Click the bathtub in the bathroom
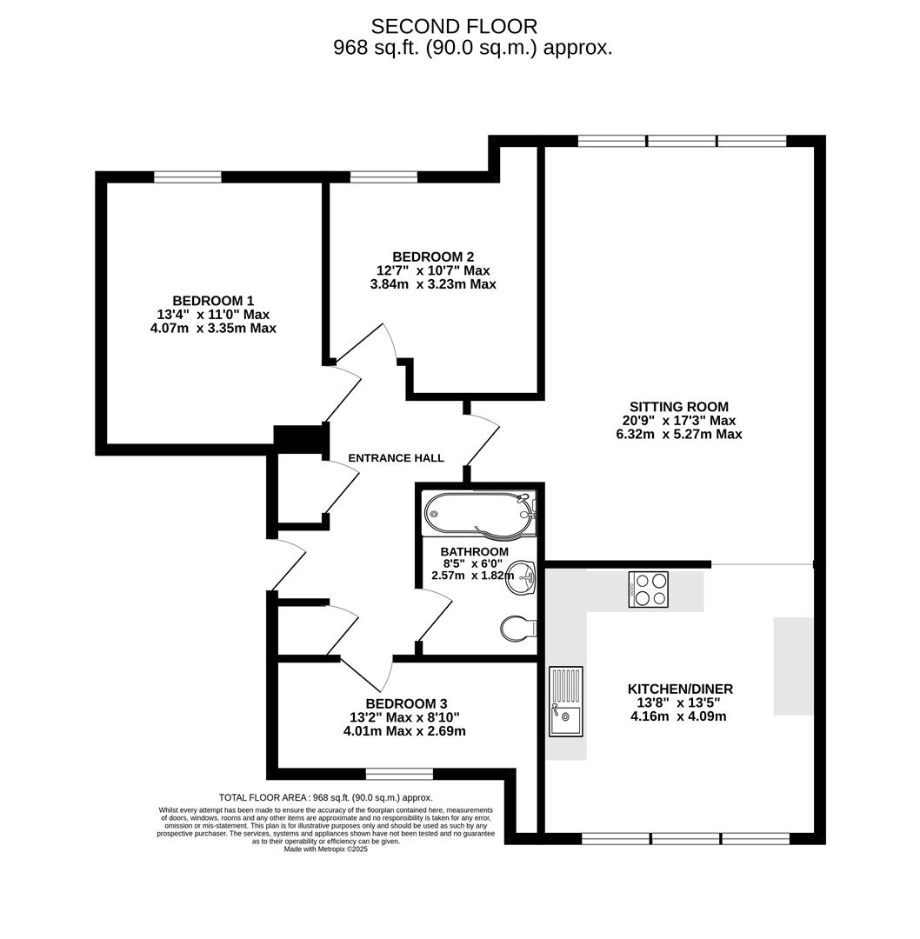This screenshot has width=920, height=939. (x=478, y=514)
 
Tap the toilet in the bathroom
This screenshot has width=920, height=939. (x=519, y=629)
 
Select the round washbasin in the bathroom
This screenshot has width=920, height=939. (x=521, y=578)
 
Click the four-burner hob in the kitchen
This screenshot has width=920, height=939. (x=649, y=589)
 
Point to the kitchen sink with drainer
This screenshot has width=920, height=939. (x=566, y=702)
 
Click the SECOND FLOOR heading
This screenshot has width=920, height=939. (x=454, y=26)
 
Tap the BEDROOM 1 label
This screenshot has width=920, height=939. (x=213, y=301)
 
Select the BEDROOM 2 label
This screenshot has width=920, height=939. (x=433, y=256)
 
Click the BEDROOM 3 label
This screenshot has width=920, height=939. (x=407, y=703)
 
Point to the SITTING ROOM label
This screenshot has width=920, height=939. (x=679, y=407)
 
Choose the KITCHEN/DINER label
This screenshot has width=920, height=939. (x=680, y=689)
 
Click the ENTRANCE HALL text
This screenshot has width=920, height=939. (x=396, y=458)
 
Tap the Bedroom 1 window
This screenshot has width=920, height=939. (x=188, y=176)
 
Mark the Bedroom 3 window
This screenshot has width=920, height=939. (x=399, y=775)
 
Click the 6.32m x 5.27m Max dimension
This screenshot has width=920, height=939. (x=679, y=434)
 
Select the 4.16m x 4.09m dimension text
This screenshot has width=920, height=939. (x=678, y=716)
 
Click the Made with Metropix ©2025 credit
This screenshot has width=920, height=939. (x=326, y=849)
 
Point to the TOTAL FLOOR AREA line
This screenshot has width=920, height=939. (x=326, y=797)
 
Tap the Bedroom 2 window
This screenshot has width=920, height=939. (x=384, y=176)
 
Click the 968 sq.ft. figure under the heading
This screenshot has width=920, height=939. (x=377, y=48)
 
